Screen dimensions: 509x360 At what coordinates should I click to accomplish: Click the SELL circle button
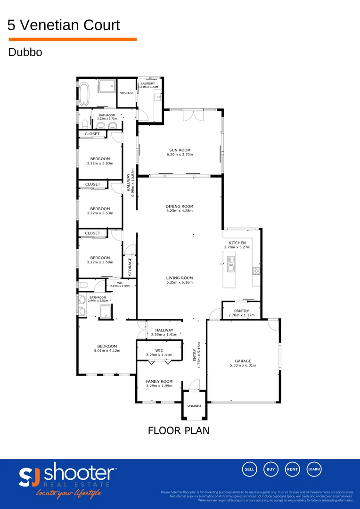click(249, 469)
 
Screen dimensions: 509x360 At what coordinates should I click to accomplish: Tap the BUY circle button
click(271, 469)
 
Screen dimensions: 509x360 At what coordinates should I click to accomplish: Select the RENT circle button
click(293, 469)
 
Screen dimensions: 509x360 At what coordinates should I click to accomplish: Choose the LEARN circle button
click(314, 469)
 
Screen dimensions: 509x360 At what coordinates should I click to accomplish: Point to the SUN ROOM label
click(180, 149)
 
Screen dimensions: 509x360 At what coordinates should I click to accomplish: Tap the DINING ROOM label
click(180, 206)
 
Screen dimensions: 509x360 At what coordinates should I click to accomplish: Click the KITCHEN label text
click(237, 243)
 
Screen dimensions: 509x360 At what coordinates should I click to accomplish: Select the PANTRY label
click(241, 311)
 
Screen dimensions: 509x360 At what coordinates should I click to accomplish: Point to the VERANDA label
click(194, 406)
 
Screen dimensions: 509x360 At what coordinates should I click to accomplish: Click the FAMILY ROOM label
click(159, 381)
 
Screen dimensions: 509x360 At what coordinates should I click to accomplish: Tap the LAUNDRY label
click(147, 83)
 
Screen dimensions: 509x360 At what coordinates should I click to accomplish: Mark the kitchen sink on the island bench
click(230, 265)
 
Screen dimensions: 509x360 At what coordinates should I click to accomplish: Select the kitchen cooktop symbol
click(256, 271)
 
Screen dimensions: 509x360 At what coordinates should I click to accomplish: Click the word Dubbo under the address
click(25, 52)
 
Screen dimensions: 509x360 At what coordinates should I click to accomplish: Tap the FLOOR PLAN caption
click(179, 430)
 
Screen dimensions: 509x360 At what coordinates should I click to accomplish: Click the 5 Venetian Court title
click(64, 25)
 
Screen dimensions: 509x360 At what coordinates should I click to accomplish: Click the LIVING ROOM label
click(180, 278)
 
